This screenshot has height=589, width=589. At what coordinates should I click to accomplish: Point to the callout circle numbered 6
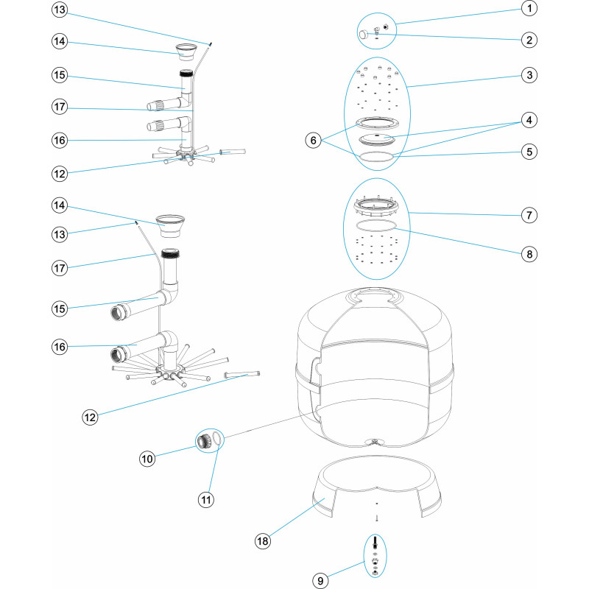coord(315,139)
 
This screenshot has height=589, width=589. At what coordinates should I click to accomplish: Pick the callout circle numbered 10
coord(148,459)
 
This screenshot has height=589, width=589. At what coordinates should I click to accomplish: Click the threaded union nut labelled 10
coord(203,442)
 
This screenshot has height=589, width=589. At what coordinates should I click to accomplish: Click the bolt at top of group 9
coord(376,543)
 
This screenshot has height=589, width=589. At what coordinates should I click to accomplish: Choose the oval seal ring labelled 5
coord(375,155)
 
